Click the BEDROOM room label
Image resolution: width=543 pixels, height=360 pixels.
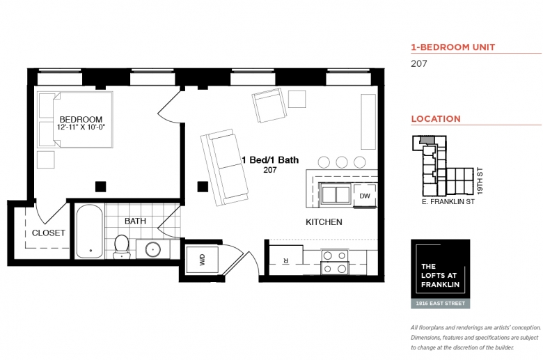(x=81, y=119)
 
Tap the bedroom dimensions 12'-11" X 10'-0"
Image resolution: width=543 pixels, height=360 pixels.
(x=81, y=127)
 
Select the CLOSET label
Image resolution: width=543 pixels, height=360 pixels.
(x=49, y=233)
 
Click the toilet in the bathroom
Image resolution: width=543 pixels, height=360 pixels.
(x=122, y=246)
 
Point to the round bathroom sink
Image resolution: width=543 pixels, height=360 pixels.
(x=152, y=249)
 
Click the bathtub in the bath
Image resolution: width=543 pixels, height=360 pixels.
(x=89, y=231)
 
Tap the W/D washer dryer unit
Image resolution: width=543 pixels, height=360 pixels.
(x=203, y=260)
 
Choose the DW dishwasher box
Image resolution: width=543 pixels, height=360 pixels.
(x=365, y=196)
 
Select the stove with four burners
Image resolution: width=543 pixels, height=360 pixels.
(x=335, y=262)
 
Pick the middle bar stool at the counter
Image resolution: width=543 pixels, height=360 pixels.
(x=341, y=162)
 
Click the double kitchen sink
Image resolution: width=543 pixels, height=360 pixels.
(x=336, y=194)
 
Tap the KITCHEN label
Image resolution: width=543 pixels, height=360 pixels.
(x=324, y=221)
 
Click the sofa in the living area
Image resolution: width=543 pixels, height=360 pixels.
(x=224, y=167)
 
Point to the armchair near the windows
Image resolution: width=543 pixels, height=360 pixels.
(x=269, y=104)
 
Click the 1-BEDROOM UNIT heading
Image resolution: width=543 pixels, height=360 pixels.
(x=453, y=47)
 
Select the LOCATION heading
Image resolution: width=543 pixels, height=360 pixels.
(x=436, y=119)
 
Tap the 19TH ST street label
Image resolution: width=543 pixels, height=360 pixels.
(x=480, y=181)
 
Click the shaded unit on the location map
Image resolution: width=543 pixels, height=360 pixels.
(x=425, y=140)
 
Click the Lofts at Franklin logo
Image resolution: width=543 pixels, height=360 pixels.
(x=441, y=274)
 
